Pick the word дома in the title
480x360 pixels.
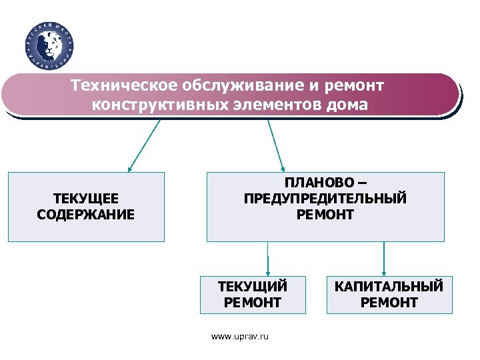pos(347,105)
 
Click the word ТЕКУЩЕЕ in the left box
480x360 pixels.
pos(85,199)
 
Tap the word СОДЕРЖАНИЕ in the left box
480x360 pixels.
pos(85,215)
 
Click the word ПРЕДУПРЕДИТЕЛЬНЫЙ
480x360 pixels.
pos(325,199)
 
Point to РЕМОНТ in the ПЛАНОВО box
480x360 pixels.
pos(325,215)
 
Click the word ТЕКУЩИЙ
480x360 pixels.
pos(253,287)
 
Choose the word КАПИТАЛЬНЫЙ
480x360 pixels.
pos(389,287)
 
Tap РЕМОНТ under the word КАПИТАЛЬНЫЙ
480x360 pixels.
pos(389,303)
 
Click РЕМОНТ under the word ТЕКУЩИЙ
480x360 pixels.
pos(253,303)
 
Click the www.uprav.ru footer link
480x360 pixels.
pos(240,337)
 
